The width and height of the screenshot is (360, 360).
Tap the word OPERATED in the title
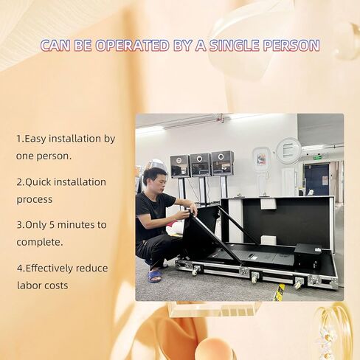(x=132, y=45)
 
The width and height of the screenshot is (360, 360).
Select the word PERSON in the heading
(x=291, y=45)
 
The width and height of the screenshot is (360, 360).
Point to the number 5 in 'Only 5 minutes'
(x=52, y=225)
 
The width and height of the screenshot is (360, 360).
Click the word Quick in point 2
(x=38, y=182)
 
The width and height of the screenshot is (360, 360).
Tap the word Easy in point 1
(x=35, y=139)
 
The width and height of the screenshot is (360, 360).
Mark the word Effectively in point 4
(x=49, y=268)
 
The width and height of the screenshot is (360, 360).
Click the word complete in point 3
(x=38, y=242)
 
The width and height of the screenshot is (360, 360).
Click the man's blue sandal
(x=154, y=276)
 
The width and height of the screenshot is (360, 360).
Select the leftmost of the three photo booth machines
(x=180, y=166)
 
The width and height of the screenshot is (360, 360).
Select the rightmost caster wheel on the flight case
(x=299, y=283)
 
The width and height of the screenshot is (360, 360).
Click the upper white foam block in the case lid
(x=269, y=204)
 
